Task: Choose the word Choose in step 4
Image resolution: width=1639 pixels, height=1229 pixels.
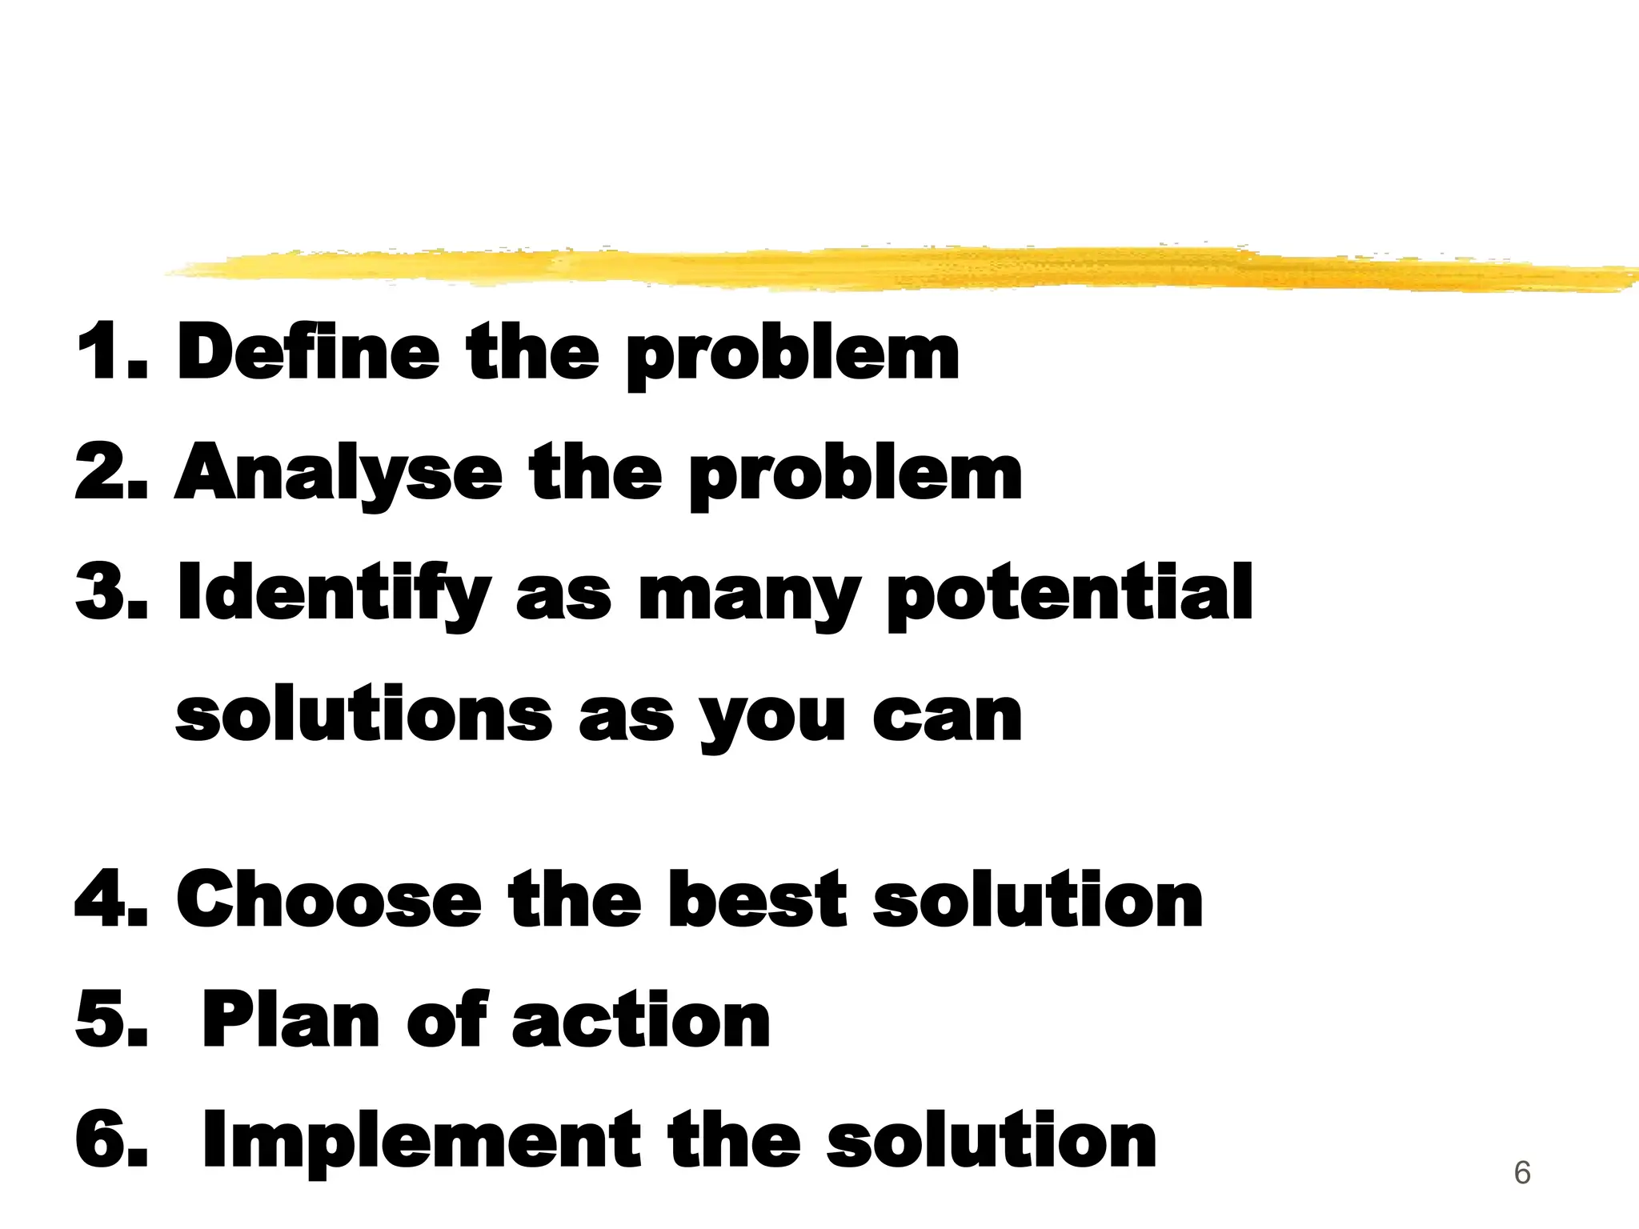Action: tap(329, 900)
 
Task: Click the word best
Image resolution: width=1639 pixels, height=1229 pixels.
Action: tap(757, 900)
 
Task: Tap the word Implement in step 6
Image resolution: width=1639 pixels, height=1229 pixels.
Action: tap(421, 1141)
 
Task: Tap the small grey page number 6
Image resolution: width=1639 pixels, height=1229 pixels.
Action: tap(1522, 1173)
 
